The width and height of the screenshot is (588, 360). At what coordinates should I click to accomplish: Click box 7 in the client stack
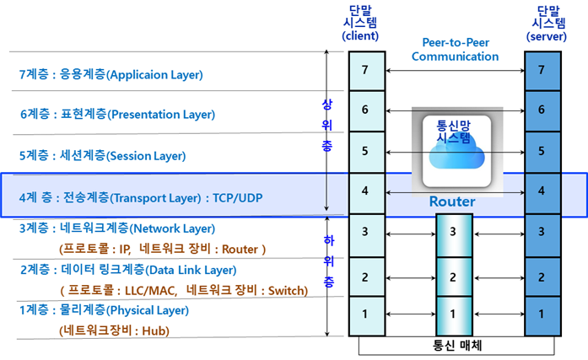tap(365, 69)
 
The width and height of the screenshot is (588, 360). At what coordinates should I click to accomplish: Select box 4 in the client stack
tap(365, 191)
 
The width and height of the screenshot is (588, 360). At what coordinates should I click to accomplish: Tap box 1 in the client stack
tap(365, 314)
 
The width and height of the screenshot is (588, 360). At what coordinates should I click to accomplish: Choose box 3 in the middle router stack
tap(453, 232)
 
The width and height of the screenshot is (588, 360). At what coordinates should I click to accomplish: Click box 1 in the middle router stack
tap(453, 314)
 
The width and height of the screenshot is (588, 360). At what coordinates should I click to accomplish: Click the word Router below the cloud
tap(452, 202)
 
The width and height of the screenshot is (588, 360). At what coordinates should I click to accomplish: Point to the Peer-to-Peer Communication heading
tap(460, 50)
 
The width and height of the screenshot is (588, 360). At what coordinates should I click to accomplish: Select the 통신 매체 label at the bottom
tap(455, 346)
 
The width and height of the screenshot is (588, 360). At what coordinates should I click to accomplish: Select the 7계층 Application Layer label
tap(111, 74)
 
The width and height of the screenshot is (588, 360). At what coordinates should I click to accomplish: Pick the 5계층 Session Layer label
tap(102, 156)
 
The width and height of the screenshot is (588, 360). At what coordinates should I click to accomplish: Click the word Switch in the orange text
tap(287, 290)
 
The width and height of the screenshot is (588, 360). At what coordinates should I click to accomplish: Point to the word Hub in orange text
tap(154, 330)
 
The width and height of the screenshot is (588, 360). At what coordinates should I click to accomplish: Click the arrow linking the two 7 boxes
tap(455, 70)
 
